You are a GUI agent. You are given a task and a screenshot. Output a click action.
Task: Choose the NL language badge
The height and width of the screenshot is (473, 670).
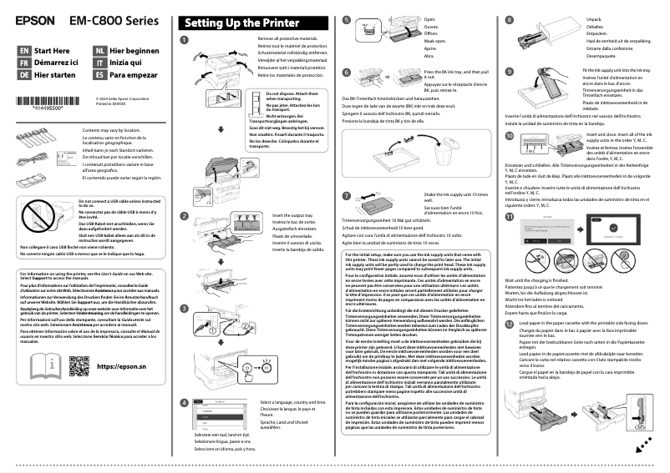(100, 51)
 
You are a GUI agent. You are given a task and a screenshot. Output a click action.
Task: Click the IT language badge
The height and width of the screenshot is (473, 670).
(100, 63)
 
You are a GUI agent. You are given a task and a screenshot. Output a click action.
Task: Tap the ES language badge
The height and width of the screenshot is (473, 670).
(100, 74)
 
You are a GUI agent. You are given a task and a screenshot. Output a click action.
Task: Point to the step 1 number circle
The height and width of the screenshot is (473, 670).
(185, 41)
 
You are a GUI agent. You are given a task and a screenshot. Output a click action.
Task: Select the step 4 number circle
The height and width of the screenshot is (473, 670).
(185, 402)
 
